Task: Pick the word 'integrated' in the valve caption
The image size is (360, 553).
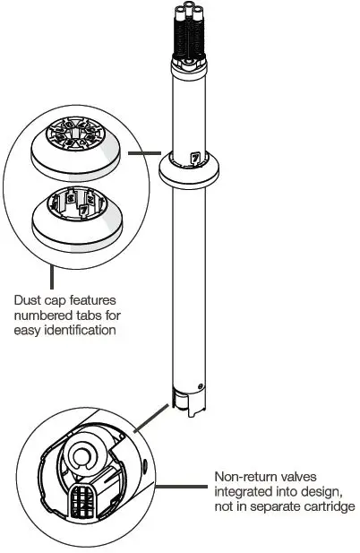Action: [x=242, y=492]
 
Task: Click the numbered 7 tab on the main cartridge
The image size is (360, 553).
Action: [x=194, y=159]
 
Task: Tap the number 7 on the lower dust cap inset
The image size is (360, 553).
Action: [x=83, y=211]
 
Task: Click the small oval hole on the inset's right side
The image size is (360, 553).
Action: [x=143, y=465]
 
